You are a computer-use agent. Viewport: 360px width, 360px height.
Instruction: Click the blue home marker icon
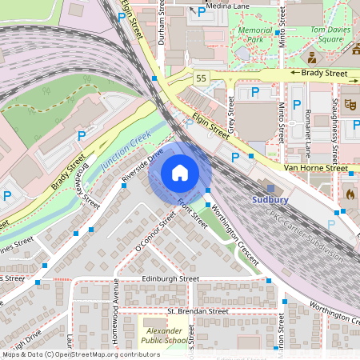(180, 173)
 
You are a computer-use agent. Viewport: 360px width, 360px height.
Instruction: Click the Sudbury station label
(270, 199)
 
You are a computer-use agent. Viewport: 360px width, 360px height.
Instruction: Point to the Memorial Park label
(255, 34)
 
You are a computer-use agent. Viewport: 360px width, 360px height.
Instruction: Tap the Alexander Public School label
(166, 334)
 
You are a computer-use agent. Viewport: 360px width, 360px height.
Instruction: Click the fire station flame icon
(350, 193)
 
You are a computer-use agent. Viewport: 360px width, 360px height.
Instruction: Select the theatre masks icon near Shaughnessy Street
(350, 104)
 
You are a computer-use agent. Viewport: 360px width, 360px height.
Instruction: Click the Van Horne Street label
(316, 169)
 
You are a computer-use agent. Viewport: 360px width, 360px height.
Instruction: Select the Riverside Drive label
(142, 165)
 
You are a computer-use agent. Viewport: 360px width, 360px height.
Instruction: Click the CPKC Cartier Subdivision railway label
(306, 236)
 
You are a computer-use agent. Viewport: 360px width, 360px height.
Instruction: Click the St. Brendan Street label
(198, 310)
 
